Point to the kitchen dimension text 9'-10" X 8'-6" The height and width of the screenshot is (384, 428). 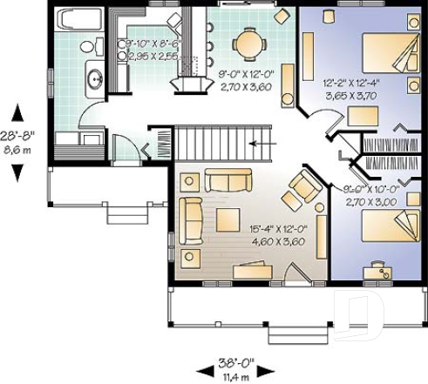[154, 43]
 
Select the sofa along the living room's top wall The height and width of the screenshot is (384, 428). [228, 180]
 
